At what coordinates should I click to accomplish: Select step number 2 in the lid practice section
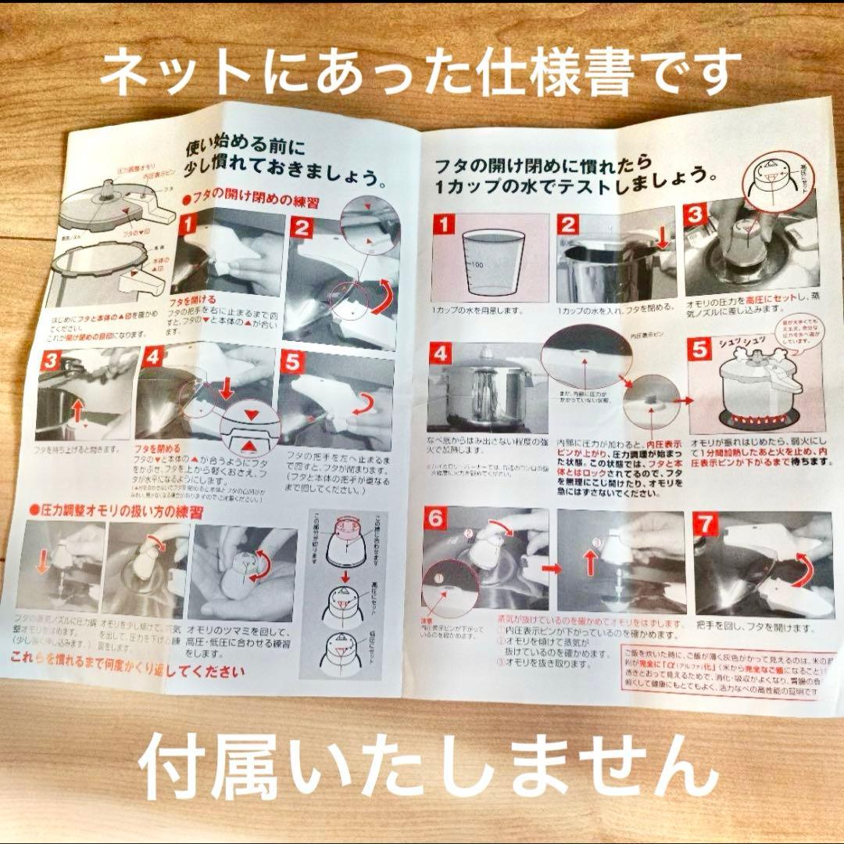coord(302,228)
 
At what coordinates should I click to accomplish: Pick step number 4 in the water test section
coord(442,355)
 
